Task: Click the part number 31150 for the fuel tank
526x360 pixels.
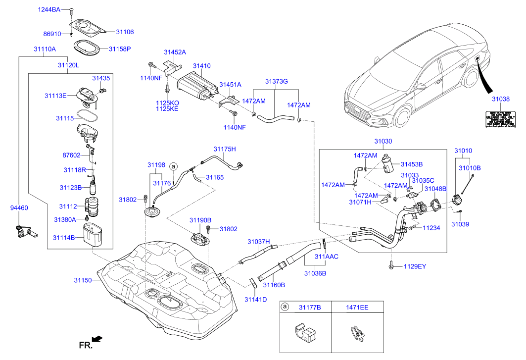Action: coord(83,280)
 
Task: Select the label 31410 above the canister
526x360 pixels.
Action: coord(201,66)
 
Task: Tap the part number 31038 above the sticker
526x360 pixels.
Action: coord(500,99)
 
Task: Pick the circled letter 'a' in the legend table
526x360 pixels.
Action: coord(285,308)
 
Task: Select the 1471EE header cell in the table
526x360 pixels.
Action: coord(357,308)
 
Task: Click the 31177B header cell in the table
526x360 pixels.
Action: coord(309,308)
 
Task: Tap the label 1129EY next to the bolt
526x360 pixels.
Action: coord(414,266)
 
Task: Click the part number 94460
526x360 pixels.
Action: coord(19,209)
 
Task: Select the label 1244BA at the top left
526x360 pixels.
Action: coord(50,9)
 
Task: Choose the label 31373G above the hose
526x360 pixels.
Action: coord(276,81)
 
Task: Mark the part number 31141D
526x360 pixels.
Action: coord(255,299)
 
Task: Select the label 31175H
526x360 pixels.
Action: coord(225,149)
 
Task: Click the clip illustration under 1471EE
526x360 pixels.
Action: coord(356,333)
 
